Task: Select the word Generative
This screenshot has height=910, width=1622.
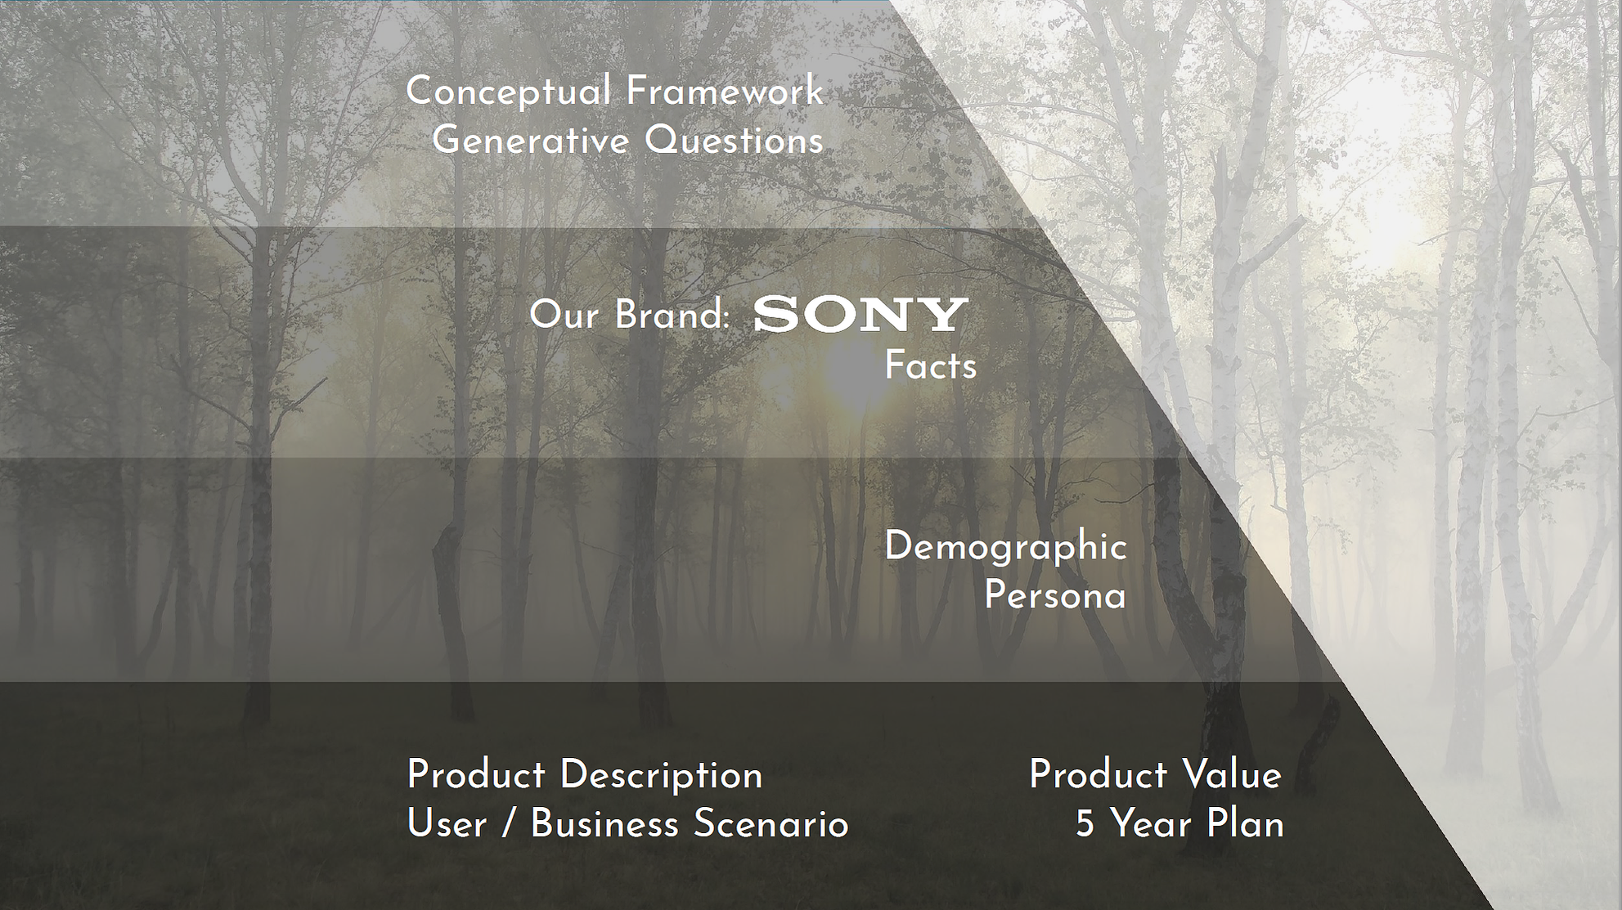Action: coord(530,140)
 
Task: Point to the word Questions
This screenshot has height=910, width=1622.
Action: coord(734,141)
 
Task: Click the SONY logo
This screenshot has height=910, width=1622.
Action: coord(860,315)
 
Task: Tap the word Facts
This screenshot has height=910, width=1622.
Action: coord(931,365)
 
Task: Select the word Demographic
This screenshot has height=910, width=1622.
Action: coord(1005,548)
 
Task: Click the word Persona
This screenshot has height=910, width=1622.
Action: coord(1055,595)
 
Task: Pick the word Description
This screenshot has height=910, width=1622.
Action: coord(661,776)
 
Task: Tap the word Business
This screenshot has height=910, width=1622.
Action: coord(604,823)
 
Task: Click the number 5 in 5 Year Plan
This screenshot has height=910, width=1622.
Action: coord(1085,824)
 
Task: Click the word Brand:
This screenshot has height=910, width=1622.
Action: coord(672,316)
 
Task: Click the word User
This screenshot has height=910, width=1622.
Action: coord(447,823)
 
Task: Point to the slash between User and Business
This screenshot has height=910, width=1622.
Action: coord(509,824)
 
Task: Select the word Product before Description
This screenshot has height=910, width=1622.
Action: coord(476,775)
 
